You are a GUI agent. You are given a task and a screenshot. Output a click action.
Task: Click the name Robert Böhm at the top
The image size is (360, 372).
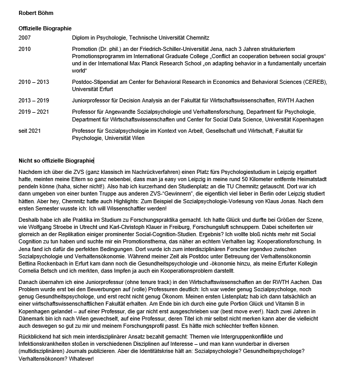click(37, 12)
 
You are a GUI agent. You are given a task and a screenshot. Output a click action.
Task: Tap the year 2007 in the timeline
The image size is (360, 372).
click(25, 38)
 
